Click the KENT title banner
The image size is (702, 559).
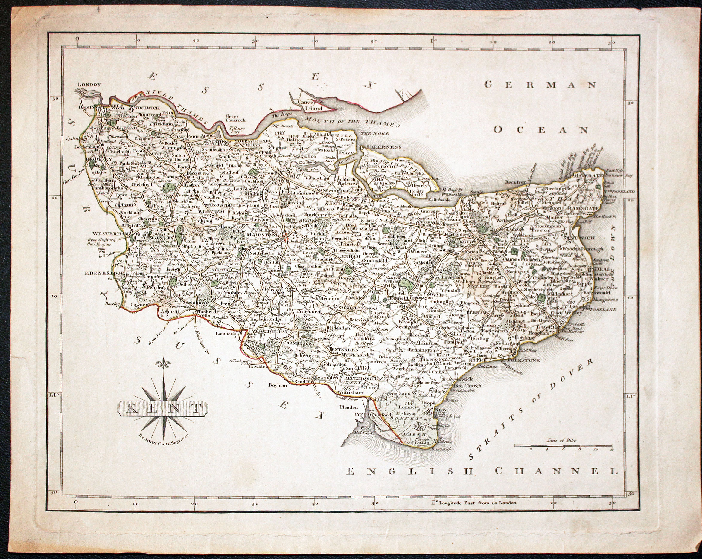pyautogui.click(x=163, y=409)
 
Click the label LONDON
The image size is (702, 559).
pyautogui.click(x=89, y=84)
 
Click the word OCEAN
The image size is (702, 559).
pyautogui.click(x=541, y=130)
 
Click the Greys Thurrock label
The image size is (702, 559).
pyautogui.click(x=236, y=118)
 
